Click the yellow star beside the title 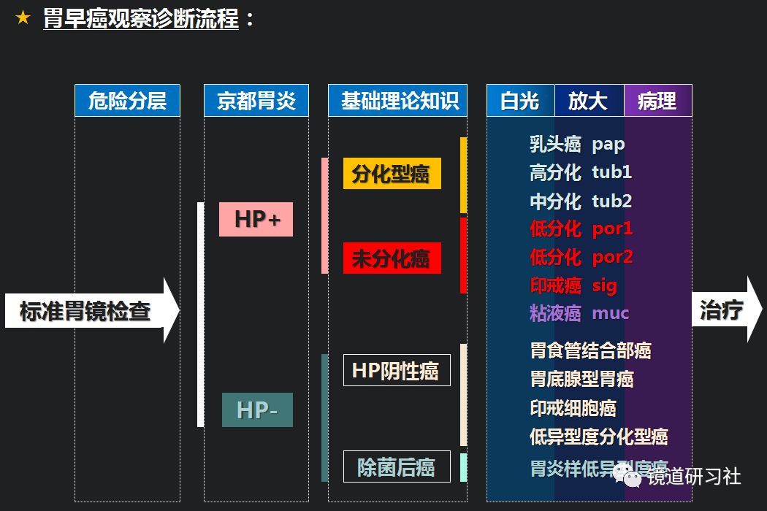coord(23,18)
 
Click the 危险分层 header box coord(127,101)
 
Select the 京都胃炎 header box coord(256,101)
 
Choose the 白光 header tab coord(520,101)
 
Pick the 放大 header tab coord(589,101)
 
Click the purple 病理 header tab coord(657,101)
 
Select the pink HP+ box coord(256,219)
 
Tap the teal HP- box coord(257,410)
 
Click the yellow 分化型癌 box coord(392,174)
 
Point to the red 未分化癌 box coord(392,258)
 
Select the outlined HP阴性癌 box coord(397,370)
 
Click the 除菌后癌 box coord(397,466)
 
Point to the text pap coord(608,144)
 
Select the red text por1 coord(612,228)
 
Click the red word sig coord(604,285)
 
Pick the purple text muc coord(610,313)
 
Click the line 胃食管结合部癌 coord(590,350)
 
